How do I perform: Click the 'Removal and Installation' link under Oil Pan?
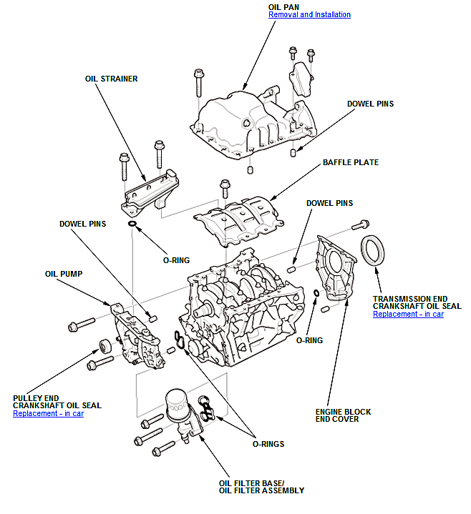[x=309, y=15]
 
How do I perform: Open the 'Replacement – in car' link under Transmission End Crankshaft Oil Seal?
[x=408, y=314]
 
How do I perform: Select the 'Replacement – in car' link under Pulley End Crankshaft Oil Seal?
[x=48, y=413]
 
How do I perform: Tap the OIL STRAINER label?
[x=111, y=79]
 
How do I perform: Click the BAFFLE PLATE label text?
[x=351, y=162]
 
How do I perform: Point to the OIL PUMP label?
[x=64, y=274]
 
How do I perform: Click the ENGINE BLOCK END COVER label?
[x=343, y=415]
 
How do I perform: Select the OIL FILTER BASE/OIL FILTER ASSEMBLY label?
[x=261, y=487]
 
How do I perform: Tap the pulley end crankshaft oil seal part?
[x=105, y=346]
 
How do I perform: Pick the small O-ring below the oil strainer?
[x=132, y=224]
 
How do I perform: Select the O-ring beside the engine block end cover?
[x=316, y=292]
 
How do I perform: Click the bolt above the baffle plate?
[x=225, y=188]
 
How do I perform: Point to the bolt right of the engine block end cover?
[x=360, y=225]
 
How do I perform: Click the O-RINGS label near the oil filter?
[x=268, y=444]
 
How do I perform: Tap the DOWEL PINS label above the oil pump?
[x=83, y=224]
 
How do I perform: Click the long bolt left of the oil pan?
[x=198, y=83]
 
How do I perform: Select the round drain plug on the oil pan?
[x=246, y=124]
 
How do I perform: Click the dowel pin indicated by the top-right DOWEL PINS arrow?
[x=293, y=153]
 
